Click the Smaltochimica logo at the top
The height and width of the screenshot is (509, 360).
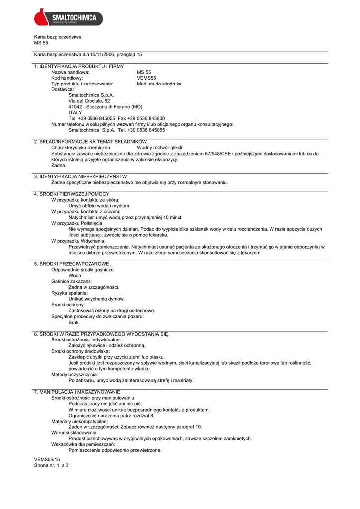[68, 18]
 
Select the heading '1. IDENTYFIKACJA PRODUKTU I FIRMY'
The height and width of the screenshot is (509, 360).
[79, 66]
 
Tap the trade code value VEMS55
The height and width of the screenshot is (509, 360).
[146, 78]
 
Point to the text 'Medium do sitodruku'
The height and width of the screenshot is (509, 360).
[159, 84]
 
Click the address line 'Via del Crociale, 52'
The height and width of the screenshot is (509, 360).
[89, 101]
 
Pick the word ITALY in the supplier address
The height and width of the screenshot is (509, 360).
[75, 112]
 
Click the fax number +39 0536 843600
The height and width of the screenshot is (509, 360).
[148, 118]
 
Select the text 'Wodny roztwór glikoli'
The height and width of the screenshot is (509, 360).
[160, 148]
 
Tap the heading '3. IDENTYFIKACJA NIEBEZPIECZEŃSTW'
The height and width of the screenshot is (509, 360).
[81, 176]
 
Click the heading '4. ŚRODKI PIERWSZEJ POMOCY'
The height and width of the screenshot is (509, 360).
[72, 194]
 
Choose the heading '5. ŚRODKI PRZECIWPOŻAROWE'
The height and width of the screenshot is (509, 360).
[72, 264]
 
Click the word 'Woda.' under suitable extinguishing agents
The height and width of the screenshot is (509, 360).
[75, 275]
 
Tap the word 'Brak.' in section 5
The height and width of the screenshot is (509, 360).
[74, 322]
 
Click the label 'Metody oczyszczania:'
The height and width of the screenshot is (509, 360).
[75, 374]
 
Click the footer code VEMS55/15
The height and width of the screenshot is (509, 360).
[47, 460]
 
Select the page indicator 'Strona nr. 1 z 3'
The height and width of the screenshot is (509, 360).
[51, 466]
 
